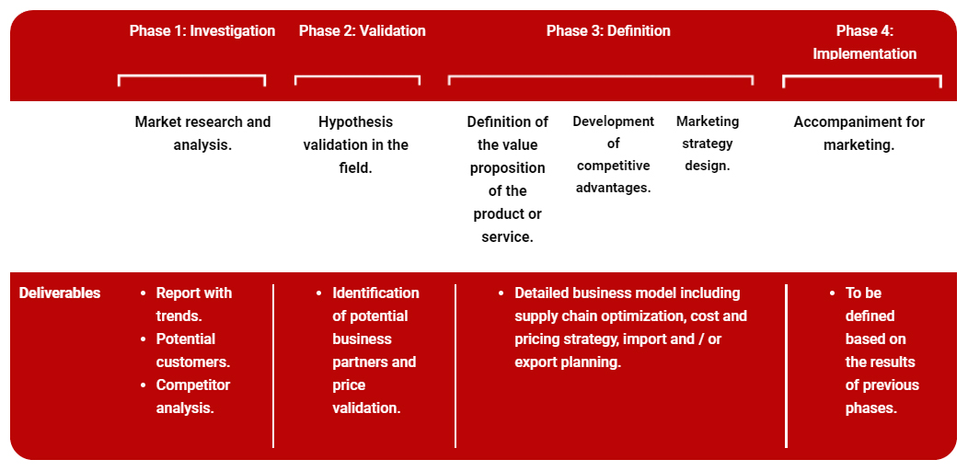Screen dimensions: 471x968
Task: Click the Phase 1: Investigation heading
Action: tap(202, 31)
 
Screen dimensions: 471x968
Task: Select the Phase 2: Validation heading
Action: tap(362, 31)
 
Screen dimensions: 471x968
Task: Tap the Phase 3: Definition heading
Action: tap(607, 31)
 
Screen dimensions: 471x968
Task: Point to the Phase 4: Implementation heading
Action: tap(864, 42)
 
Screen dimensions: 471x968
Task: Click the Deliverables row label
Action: tap(60, 293)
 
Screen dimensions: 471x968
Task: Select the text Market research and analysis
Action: tap(202, 133)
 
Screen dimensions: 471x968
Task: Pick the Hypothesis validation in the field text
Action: tap(355, 144)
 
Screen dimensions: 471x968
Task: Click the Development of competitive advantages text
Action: tap(613, 155)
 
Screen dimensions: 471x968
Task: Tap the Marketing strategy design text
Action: tap(707, 144)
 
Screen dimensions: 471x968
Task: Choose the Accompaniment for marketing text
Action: tap(859, 133)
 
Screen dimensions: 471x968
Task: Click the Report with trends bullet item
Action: tap(193, 304)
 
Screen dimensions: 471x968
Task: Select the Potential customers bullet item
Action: tap(192, 350)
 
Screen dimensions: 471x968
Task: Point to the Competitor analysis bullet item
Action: tap(192, 396)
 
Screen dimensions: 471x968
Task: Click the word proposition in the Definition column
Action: tap(507, 168)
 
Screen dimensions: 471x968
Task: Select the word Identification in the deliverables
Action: tap(375, 293)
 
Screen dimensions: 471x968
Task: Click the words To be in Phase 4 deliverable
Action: tap(863, 293)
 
